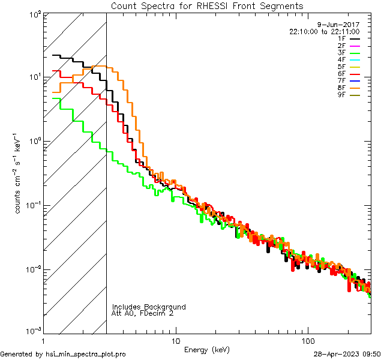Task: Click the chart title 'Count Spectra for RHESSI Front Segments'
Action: pos(207,6)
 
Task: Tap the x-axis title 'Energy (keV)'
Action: pos(206,349)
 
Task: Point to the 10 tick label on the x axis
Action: pos(175,341)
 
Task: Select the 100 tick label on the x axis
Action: pos(307,341)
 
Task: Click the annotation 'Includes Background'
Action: pos(149,307)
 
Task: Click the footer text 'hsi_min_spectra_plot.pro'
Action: pos(86,355)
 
